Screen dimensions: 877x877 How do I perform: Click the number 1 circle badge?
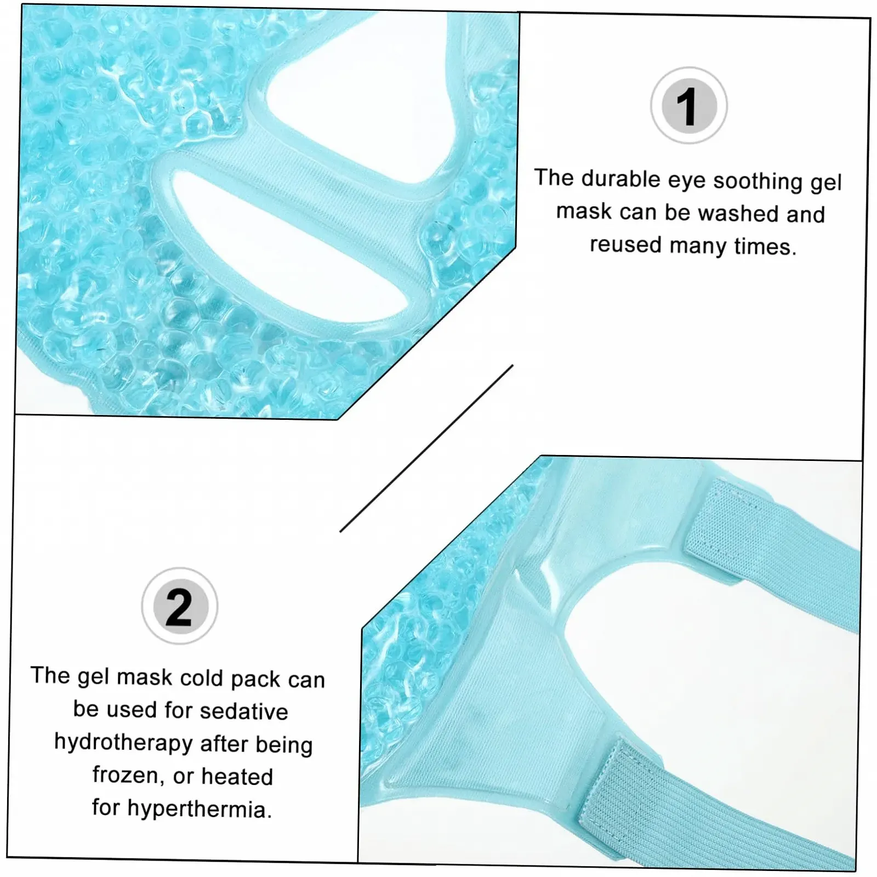pyautogui.click(x=689, y=106)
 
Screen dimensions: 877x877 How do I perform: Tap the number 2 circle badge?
pyautogui.click(x=180, y=606)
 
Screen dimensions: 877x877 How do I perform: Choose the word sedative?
pyautogui.click(x=243, y=711)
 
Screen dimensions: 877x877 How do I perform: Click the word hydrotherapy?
pyautogui.click(x=124, y=743)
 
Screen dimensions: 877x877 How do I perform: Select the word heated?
pyautogui.click(x=237, y=776)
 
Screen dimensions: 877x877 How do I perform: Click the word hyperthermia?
pyautogui.click(x=200, y=809)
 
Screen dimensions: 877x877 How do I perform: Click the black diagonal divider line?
pyautogui.click(x=426, y=448)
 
